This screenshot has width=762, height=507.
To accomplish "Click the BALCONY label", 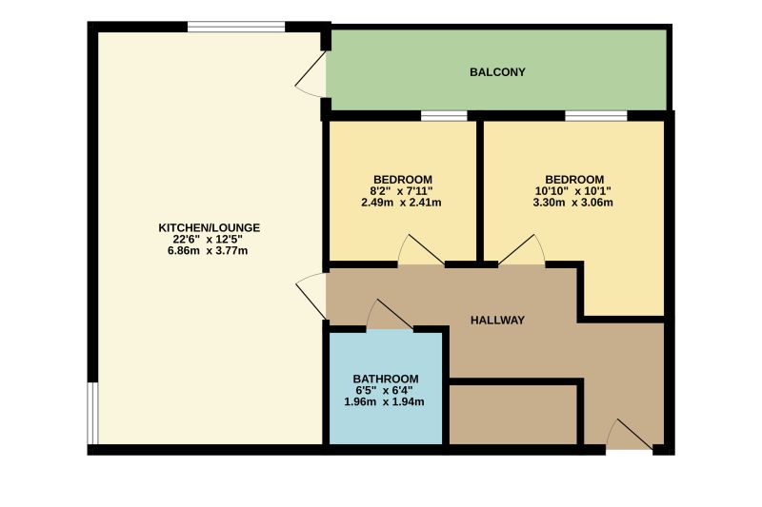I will pyautogui.click(x=497, y=72).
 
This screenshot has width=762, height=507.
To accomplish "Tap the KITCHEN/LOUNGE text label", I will pyautogui.click(x=209, y=227).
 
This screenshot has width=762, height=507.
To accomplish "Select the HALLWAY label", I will pyautogui.click(x=497, y=321).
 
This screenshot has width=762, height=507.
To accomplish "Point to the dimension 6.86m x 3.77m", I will pyautogui.click(x=209, y=251).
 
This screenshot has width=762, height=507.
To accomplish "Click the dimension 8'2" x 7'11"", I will pyautogui.click(x=402, y=190).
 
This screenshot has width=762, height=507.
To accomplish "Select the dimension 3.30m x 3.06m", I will pyautogui.click(x=573, y=202).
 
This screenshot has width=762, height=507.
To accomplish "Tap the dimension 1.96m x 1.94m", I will pyautogui.click(x=384, y=401).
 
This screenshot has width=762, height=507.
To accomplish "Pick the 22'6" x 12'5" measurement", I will pyautogui.click(x=209, y=239).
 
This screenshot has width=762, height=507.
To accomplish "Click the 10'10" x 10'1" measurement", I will pyautogui.click(x=573, y=190).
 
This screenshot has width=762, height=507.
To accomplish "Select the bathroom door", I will pyautogui.click(x=390, y=316).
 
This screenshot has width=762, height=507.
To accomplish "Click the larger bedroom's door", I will pyautogui.click(x=521, y=251).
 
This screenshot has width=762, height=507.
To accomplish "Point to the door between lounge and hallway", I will pyautogui.click(x=312, y=295).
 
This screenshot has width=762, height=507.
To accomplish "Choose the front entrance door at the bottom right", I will pyautogui.click(x=630, y=435).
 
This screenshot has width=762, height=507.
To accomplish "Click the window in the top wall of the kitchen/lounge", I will pyautogui.click(x=236, y=27).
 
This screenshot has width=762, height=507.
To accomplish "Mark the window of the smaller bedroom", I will pyautogui.click(x=444, y=116).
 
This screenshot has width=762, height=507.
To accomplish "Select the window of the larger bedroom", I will pyautogui.click(x=595, y=116).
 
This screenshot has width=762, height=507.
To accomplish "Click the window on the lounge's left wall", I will pyautogui.click(x=92, y=413).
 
